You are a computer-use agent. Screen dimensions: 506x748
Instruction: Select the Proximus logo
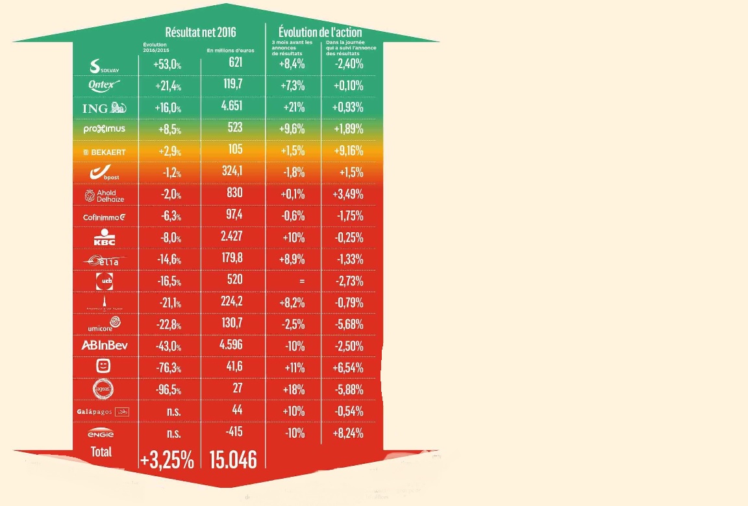pos(105,129)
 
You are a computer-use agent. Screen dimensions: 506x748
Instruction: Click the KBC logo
pos(105,237)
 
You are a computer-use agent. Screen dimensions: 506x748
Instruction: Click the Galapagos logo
pos(104,411)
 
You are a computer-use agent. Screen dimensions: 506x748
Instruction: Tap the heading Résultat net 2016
pos(201,32)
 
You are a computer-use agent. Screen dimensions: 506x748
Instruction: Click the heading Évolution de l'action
pos(320,32)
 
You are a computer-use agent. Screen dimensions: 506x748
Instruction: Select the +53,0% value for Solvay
pos(167,65)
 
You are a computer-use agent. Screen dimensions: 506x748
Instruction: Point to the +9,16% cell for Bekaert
pos(349,151)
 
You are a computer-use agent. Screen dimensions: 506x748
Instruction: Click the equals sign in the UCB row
pos(301,281)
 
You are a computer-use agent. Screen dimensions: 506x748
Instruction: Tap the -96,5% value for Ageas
pos(167,390)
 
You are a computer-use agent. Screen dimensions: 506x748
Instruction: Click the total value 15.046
pos(233,459)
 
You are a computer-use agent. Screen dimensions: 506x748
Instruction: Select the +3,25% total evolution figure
pos(167,461)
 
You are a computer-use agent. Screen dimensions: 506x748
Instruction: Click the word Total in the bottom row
pos(101,452)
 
